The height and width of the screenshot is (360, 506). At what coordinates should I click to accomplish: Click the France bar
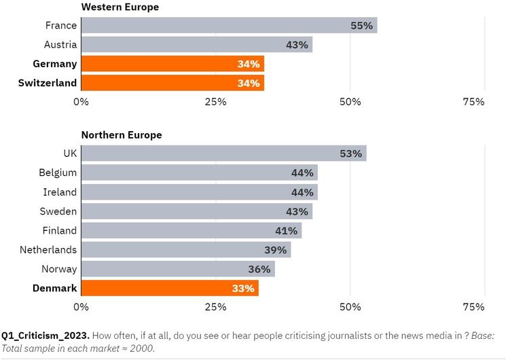229,26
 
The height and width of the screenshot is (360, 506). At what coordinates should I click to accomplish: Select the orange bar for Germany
172,64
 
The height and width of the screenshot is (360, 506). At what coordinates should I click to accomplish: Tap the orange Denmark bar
169,288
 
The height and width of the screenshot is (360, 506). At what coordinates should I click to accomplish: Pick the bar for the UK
223,154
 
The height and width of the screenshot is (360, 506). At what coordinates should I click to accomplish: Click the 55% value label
361,26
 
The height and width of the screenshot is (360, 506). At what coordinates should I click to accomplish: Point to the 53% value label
350,154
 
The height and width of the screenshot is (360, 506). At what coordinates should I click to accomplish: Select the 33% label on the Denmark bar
242,288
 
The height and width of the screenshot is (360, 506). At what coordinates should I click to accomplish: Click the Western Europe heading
120,7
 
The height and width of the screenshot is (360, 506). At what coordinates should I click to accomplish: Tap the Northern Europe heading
122,134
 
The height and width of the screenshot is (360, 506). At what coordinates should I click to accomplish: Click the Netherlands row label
48,249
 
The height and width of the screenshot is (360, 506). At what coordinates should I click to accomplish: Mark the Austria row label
60,45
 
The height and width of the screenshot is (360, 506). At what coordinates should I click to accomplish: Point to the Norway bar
177,269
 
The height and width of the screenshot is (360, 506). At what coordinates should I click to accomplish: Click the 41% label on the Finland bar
286,230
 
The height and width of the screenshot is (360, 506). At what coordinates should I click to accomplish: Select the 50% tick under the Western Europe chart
350,102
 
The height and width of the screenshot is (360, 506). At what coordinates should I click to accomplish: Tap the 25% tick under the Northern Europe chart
215,306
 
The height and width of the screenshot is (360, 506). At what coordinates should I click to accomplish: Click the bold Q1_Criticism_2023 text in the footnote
45,336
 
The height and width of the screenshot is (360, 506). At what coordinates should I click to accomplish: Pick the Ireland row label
60,192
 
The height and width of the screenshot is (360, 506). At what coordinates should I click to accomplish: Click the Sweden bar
196,211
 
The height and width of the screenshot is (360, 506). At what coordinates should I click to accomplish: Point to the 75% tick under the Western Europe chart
473,102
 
